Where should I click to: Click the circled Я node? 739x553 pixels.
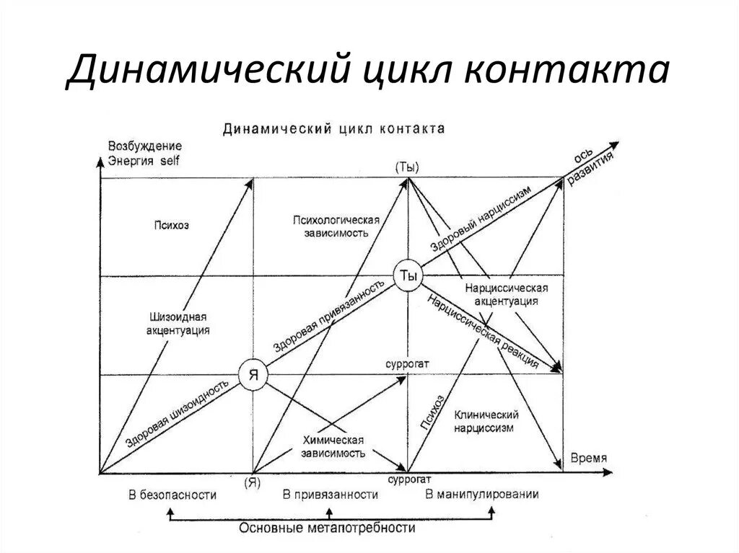[253, 375]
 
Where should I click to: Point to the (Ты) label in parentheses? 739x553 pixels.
[407, 166]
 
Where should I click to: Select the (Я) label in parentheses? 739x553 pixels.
[252, 481]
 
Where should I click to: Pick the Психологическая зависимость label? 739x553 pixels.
[336, 226]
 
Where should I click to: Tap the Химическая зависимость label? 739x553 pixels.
[333, 446]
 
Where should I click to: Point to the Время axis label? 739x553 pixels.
[588, 458]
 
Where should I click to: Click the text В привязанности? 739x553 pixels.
[331, 495]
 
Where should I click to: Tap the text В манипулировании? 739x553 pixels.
[482, 495]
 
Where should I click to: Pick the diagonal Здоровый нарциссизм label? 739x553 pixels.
[481, 218]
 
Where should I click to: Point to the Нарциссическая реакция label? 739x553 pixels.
[483, 330]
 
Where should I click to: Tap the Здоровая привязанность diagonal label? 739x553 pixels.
[328, 316]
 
